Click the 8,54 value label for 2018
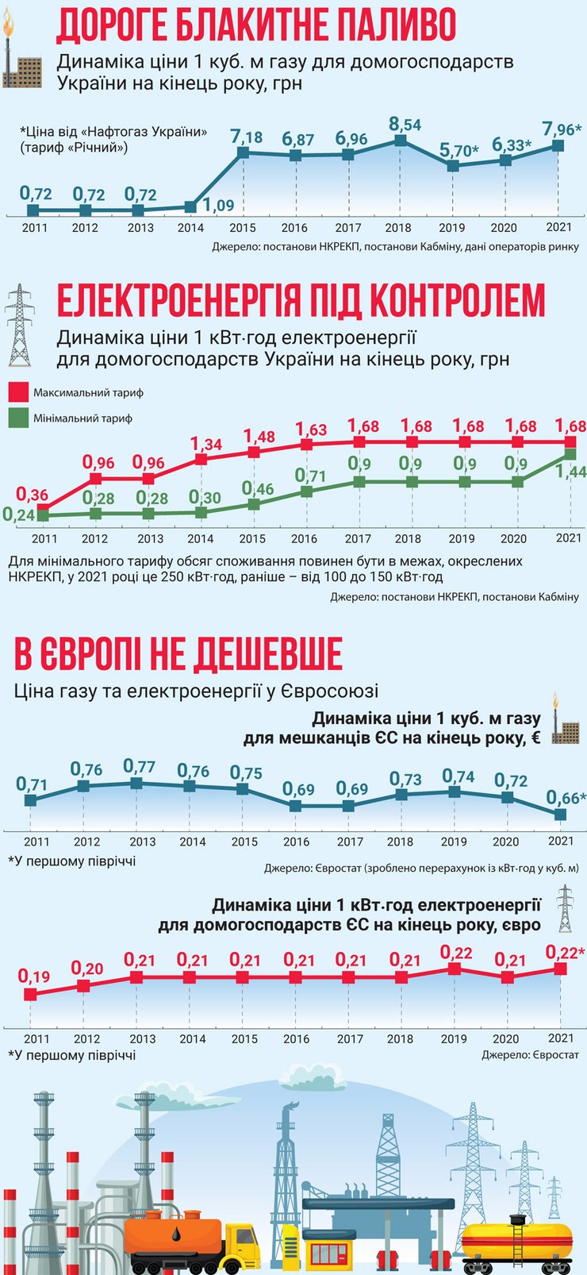point(405,125)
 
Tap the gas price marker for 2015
point(243,152)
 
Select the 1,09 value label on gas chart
point(218,206)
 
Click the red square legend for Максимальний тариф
point(18,392)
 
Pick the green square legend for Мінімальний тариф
point(18,418)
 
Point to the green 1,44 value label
point(570,472)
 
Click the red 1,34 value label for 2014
point(206,444)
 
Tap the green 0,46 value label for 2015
point(258,488)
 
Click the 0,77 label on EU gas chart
point(139,766)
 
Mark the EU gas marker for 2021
point(561,815)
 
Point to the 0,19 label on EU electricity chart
point(33,976)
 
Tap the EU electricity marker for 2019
point(454,969)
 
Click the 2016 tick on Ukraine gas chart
point(294,228)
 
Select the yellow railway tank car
point(516,1240)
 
